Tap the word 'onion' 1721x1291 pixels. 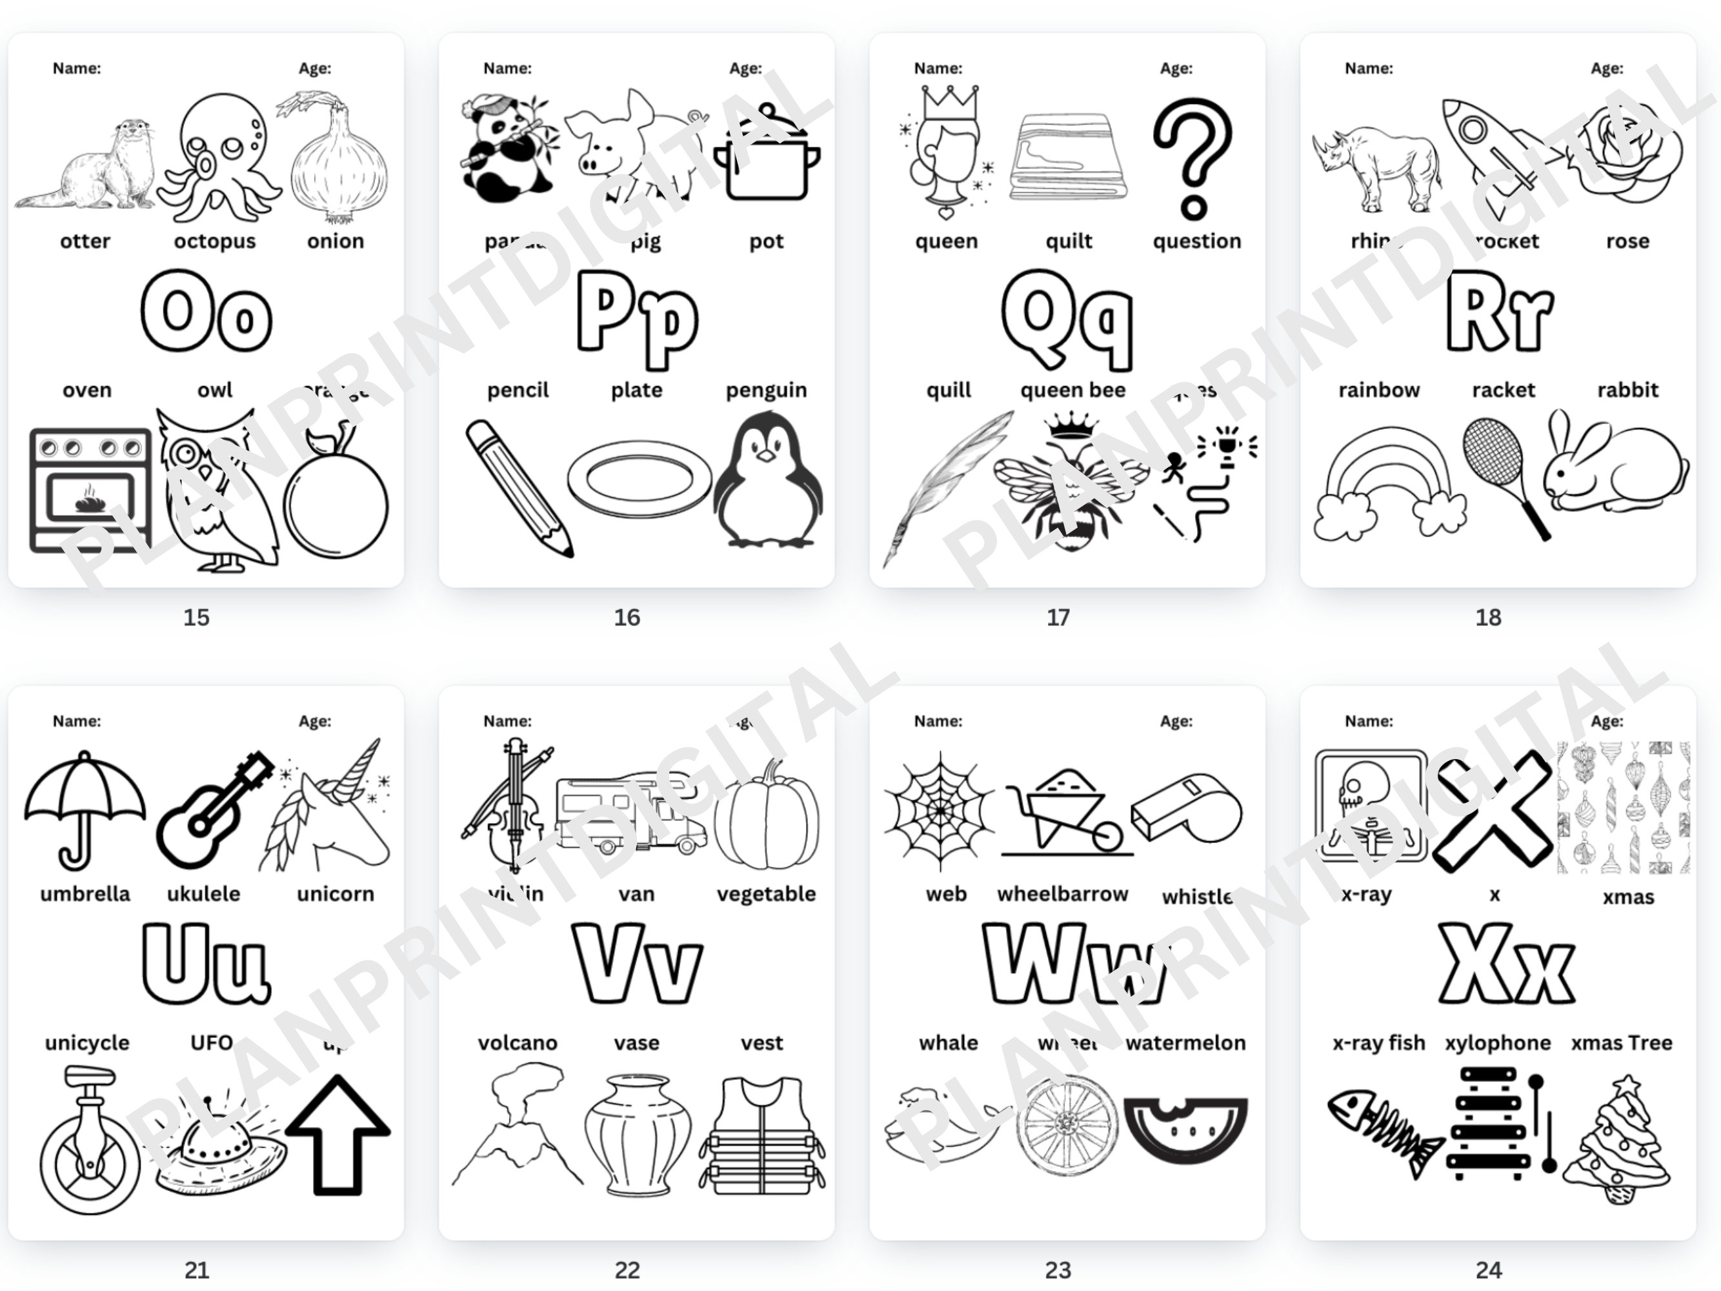click(336, 241)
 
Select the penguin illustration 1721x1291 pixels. click(768, 481)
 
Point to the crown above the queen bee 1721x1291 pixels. click(1071, 425)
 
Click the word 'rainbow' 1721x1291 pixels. click(1378, 390)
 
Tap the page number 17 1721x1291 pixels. click(1058, 617)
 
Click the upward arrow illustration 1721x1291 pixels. click(337, 1135)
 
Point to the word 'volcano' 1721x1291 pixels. click(518, 1042)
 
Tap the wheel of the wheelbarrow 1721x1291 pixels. click(1106, 837)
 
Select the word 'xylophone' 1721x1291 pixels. click(1498, 1042)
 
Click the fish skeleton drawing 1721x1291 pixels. click(1384, 1132)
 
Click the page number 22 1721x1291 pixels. click(627, 1270)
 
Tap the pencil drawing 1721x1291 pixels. click(518, 487)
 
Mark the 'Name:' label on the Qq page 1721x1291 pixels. click(938, 68)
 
